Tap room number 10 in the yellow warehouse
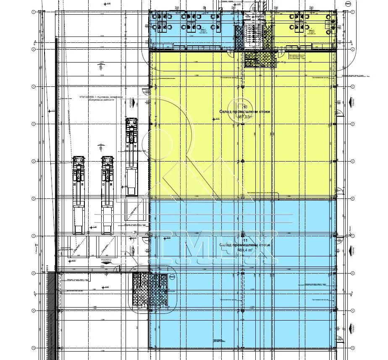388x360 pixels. click(240, 107)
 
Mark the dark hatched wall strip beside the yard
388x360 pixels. click(51, 315)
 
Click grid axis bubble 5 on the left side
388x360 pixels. click(33, 161)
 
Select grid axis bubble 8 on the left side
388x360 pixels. click(33, 274)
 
